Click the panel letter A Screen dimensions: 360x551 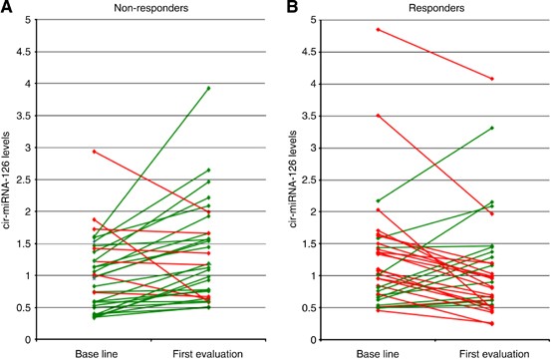8,9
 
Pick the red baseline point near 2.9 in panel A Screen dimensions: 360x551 94,152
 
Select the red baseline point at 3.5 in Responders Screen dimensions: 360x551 378,116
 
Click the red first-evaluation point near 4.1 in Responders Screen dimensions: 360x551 491,79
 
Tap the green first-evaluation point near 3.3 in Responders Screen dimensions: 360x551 491,128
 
